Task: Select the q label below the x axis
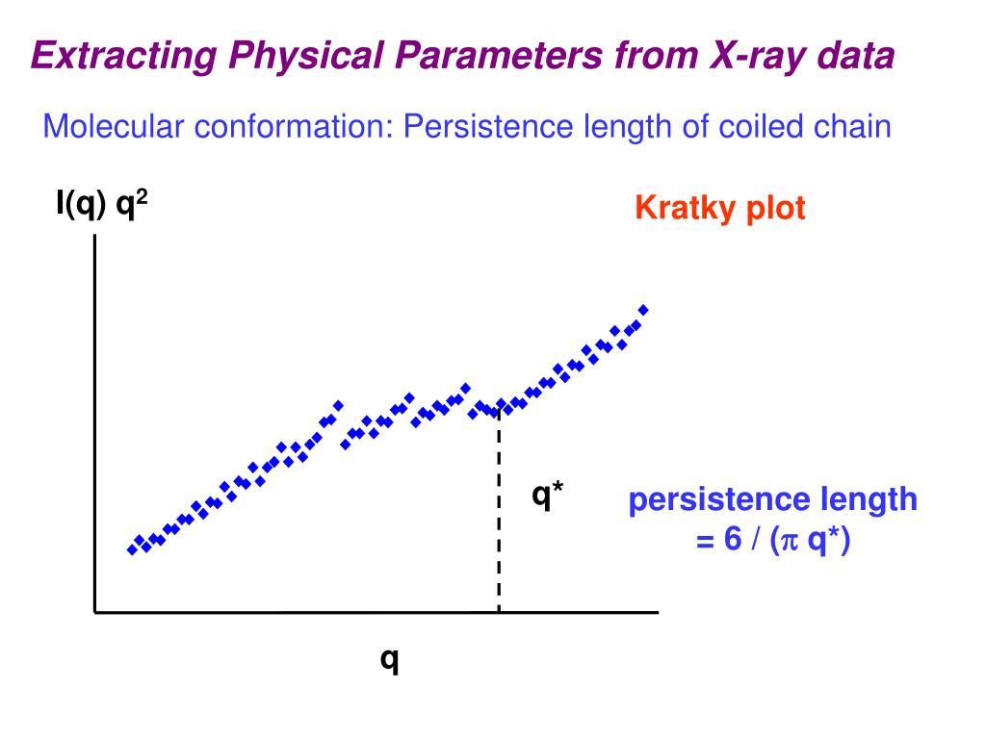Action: pyautogui.click(x=390, y=661)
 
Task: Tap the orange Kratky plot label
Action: pyautogui.click(x=719, y=209)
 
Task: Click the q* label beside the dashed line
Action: pyautogui.click(x=548, y=497)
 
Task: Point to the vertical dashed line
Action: pyautogui.click(x=499, y=520)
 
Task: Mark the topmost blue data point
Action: pyautogui.click(x=643, y=309)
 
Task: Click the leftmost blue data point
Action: pyautogui.click(x=132, y=549)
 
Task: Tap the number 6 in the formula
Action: pyautogui.click(x=733, y=541)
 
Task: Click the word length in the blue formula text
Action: pyautogui.click(x=868, y=500)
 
